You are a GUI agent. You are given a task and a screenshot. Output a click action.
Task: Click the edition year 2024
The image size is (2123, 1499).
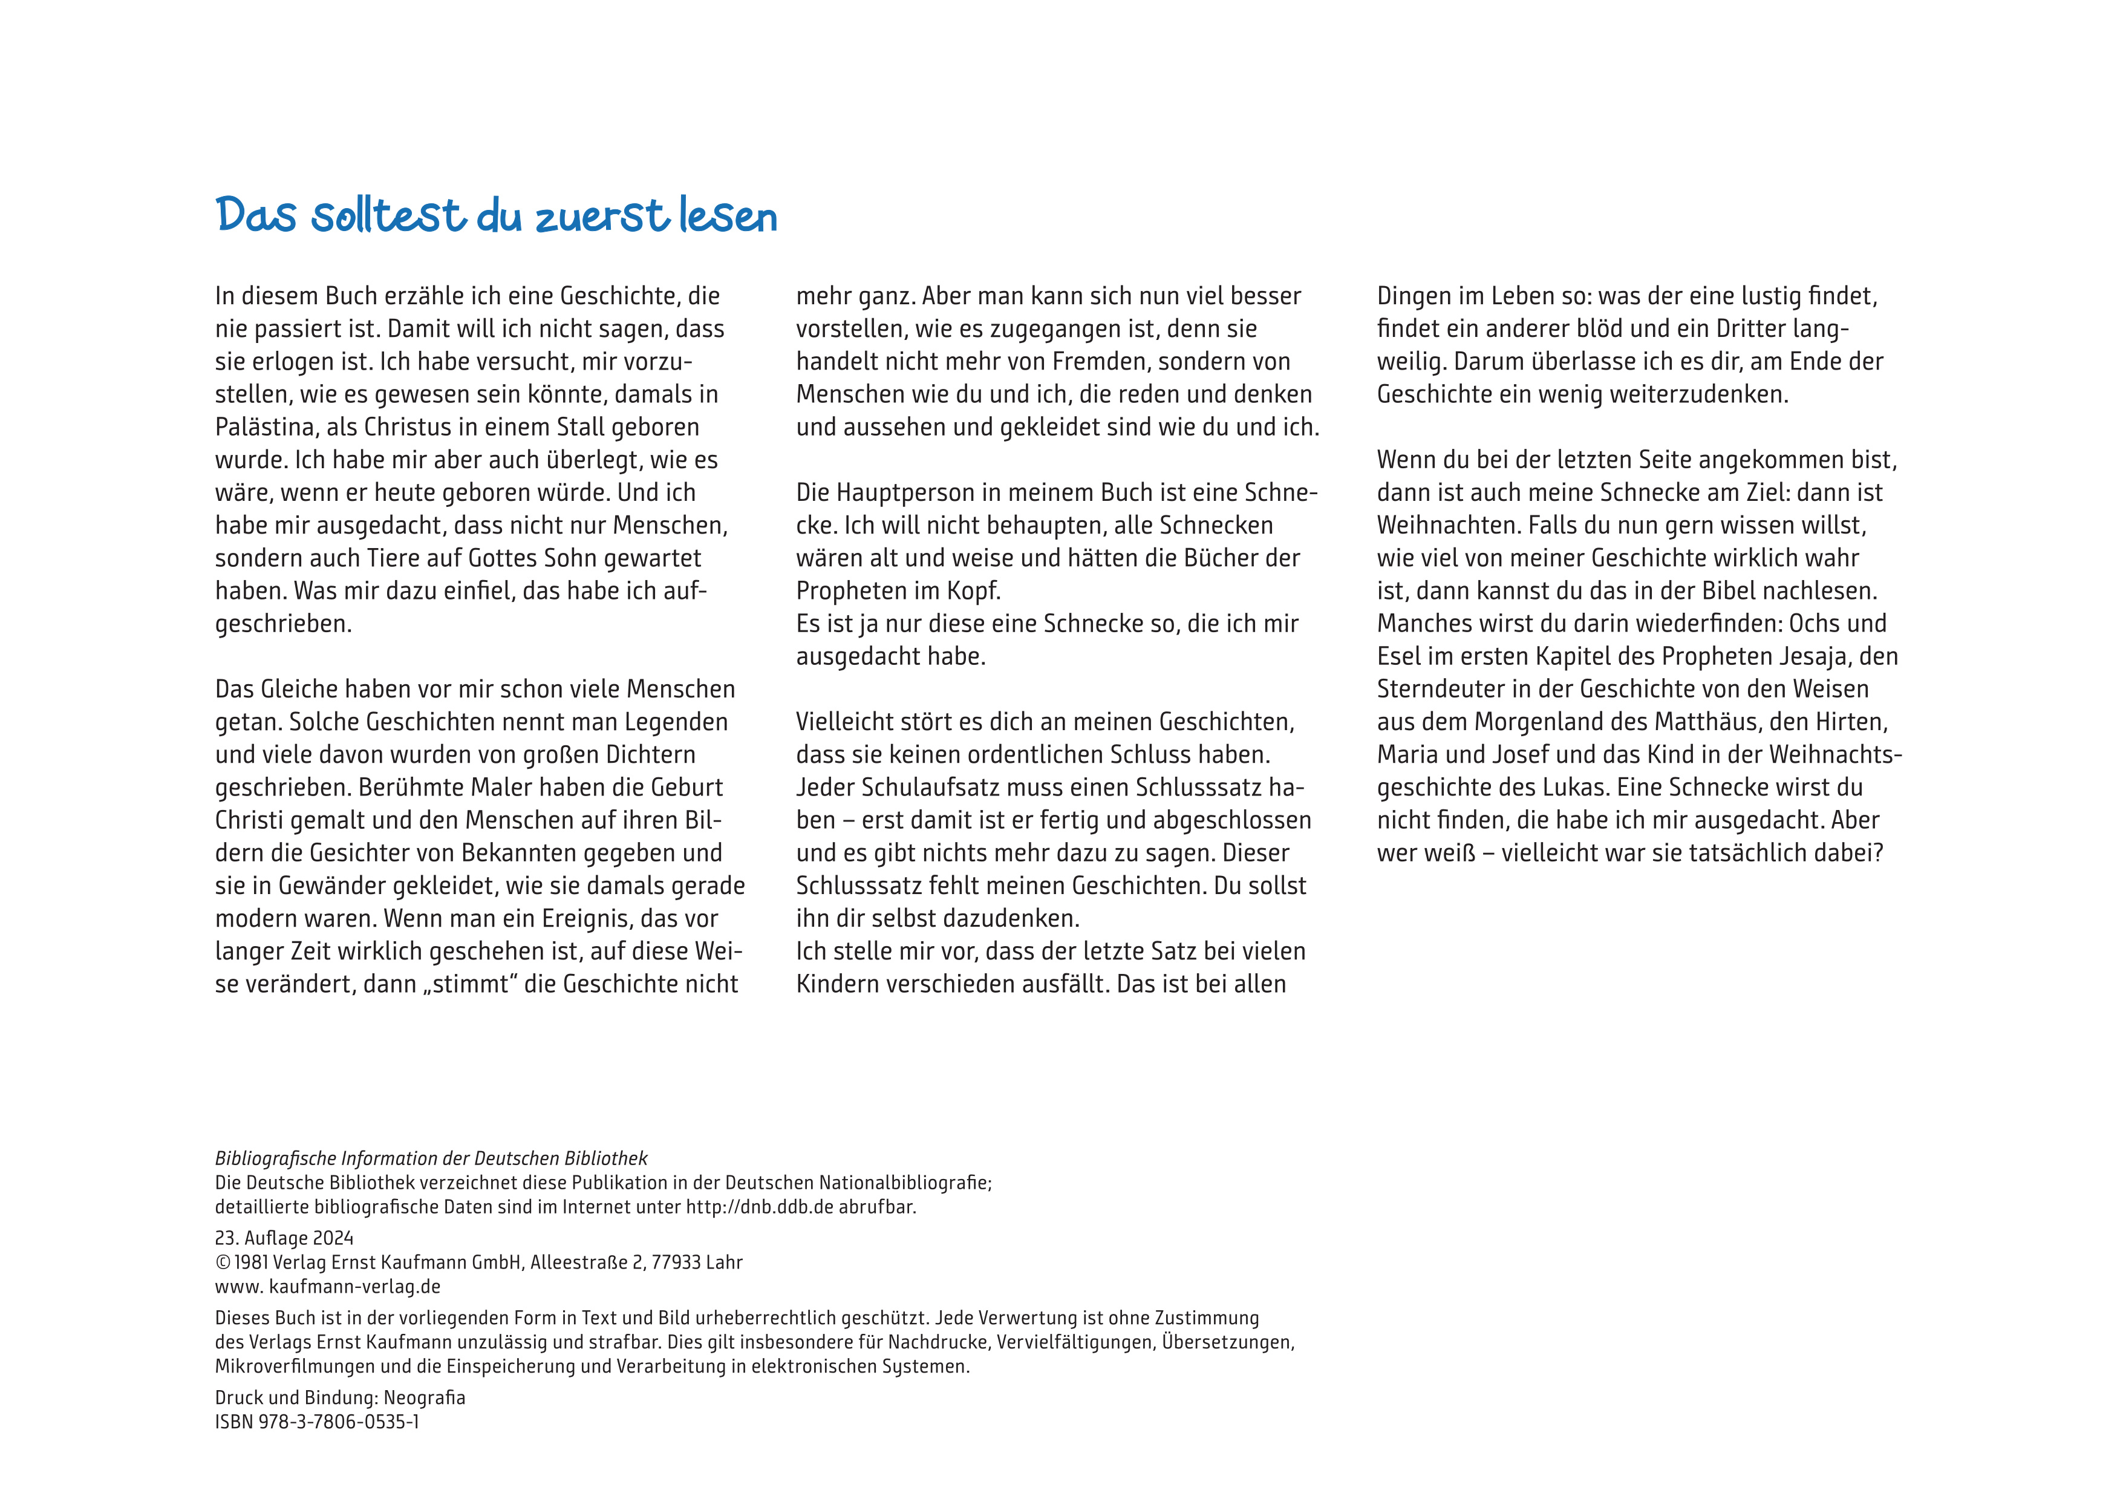[x=333, y=1238]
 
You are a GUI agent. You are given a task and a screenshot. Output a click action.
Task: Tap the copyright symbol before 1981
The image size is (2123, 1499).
[x=223, y=1262]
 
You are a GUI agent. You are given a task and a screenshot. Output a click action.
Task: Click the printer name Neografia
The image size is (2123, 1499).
[x=425, y=1397]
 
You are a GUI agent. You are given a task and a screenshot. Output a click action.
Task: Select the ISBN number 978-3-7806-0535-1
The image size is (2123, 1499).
[x=339, y=1422]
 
